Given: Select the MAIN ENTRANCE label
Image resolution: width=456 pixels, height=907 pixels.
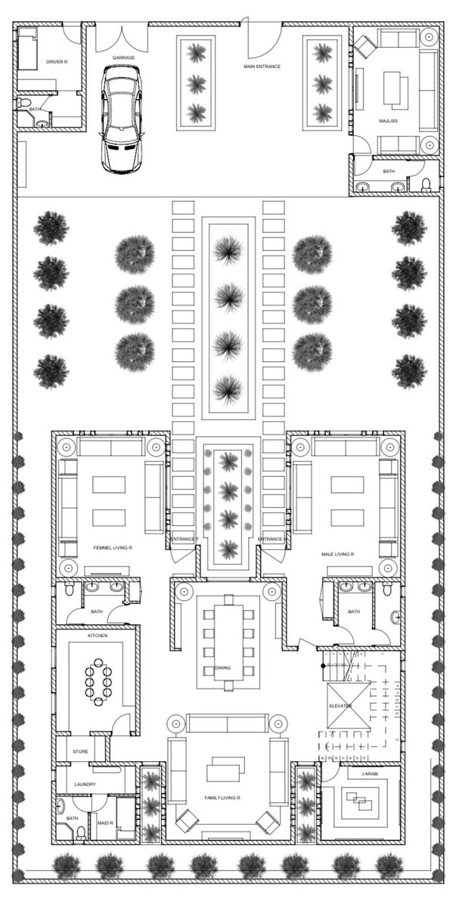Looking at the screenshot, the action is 262,67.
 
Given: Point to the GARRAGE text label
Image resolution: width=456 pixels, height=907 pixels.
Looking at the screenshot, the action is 123,57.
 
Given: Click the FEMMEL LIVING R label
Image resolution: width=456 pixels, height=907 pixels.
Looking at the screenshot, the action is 113,546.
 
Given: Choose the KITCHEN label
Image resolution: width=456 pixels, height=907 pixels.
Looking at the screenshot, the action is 98,636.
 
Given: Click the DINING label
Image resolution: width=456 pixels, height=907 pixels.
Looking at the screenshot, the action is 223,667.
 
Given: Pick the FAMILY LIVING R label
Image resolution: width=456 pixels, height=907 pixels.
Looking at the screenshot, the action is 222,798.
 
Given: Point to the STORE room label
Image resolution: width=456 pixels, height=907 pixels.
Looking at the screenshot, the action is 81,752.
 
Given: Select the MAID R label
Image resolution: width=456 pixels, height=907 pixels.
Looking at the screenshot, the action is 104,823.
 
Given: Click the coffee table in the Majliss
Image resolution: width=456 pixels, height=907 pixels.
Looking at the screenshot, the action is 394,90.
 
